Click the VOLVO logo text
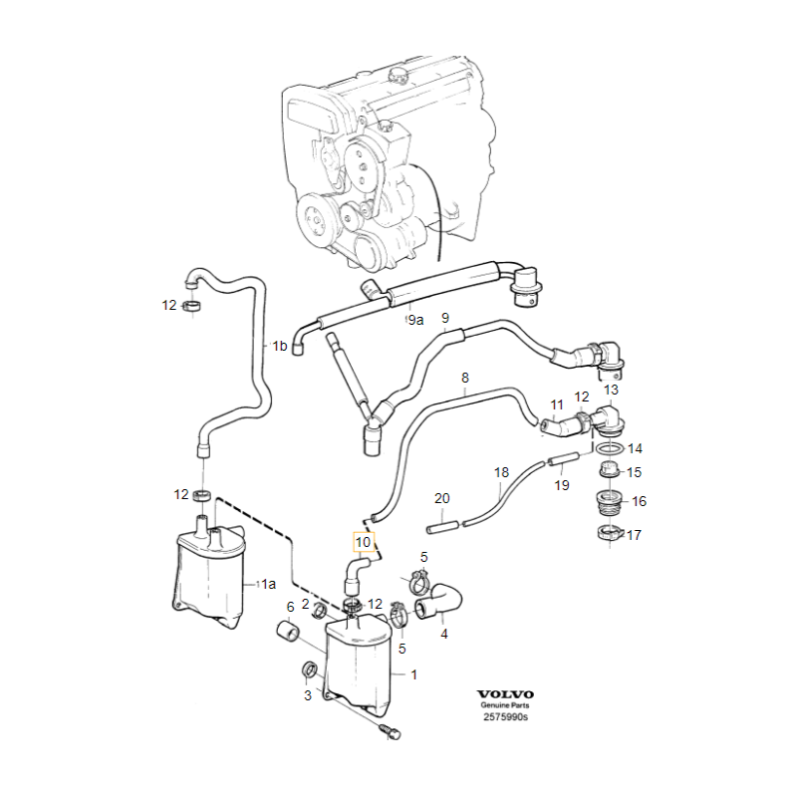pyautogui.click(x=505, y=694)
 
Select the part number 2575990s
pyautogui.click(x=505, y=717)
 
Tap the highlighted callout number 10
pyautogui.click(x=364, y=543)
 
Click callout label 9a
pyautogui.click(x=414, y=321)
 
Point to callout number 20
pyautogui.click(x=442, y=498)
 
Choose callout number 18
pyautogui.click(x=501, y=471)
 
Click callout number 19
pyautogui.click(x=562, y=485)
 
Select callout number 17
pyautogui.click(x=634, y=535)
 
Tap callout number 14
pyautogui.click(x=635, y=449)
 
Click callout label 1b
pyautogui.click(x=280, y=347)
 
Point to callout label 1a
pyautogui.click(x=266, y=584)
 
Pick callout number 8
pyautogui.click(x=464, y=378)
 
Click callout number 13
pyautogui.click(x=610, y=390)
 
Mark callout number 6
pyautogui.click(x=291, y=607)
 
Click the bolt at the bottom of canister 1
pyautogui.click(x=391, y=732)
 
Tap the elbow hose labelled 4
pyautogui.click(x=441, y=602)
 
